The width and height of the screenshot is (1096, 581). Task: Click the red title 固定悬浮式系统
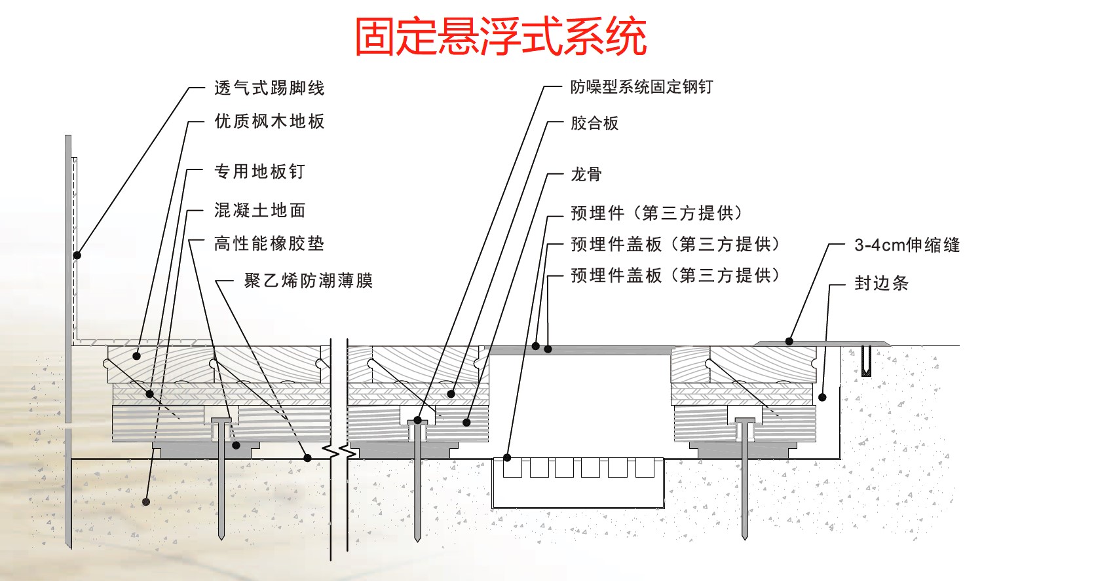click(x=501, y=36)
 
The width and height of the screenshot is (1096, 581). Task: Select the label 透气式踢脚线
click(x=269, y=88)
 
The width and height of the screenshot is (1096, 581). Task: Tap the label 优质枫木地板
click(x=269, y=121)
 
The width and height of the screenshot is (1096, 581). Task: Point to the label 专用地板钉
click(x=260, y=171)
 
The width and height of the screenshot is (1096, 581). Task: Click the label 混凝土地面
click(x=260, y=210)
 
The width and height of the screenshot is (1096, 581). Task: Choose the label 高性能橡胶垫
click(x=269, y=243)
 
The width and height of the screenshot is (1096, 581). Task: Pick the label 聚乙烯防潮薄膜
click(x=309, y=281)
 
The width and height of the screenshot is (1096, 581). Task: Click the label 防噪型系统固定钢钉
click(x=641, y=87)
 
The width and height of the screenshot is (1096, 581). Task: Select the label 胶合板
click(x=594, y=123)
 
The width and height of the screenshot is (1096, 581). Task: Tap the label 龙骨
click(x=586, y=174)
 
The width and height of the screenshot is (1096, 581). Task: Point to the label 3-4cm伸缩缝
click(x=907, y=245)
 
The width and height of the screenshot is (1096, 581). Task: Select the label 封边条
click(x=881, y=283)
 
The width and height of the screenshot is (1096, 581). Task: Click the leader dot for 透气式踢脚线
click(x=77, y=255)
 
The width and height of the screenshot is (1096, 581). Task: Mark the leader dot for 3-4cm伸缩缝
click(x=789, y=342)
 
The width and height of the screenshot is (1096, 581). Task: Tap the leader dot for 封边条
click(x=822, y=397)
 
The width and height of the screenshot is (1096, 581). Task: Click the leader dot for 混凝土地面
click(x=146, y=502)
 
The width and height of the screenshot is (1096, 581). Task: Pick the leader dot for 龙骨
click(x=466, y=423)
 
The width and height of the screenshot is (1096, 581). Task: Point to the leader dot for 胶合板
click(x=451, y=393)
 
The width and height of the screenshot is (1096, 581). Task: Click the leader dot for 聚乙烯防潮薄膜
click(x=307, y=458)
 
